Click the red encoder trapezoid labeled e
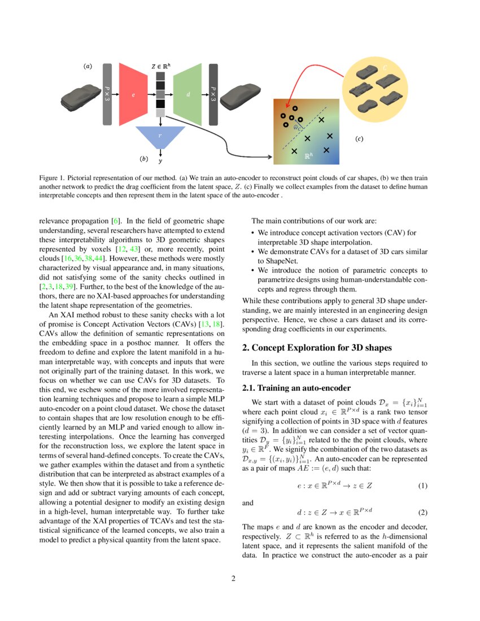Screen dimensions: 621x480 point(133,94)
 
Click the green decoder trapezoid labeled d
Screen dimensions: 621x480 point(188,94)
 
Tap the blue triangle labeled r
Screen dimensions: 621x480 point(160,136)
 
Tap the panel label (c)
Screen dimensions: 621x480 point(359,138)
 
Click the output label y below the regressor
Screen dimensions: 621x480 point(160,161)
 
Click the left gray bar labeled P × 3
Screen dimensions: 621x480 point(107,94)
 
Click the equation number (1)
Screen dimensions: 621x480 point(422,486)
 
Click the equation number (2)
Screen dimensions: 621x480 point(422,513)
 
